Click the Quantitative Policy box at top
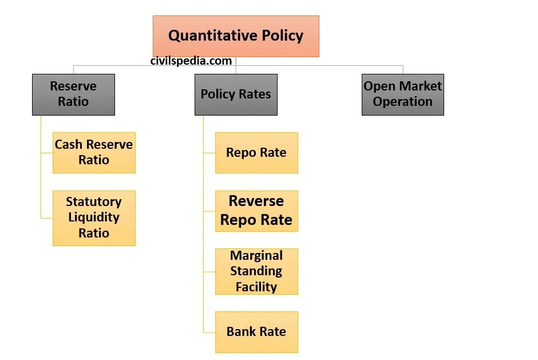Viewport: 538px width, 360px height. [235, 36]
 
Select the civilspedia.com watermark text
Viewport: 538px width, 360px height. [191, 61]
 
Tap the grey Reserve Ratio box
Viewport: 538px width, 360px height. [73, 94]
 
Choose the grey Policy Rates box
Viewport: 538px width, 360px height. [235, 94]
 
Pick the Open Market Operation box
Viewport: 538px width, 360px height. [402, 94]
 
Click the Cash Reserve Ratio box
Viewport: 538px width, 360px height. [94, 152]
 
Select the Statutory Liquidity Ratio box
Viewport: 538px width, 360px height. [94, 217]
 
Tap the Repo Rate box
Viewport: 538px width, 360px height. [256, 152]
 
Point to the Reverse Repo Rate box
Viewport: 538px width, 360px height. [256, 211]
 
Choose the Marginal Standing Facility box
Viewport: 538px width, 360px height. [256, 271]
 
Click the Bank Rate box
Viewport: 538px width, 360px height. [256, 332]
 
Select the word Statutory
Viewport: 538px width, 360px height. [94, 201]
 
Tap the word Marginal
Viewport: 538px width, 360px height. [256, 255]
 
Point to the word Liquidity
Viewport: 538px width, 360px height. [94, 217]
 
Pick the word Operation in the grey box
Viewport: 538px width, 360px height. [402, 102]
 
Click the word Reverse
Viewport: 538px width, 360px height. [256, 201]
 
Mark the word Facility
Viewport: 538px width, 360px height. [256, 287]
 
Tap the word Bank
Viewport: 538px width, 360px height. [240, 332]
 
